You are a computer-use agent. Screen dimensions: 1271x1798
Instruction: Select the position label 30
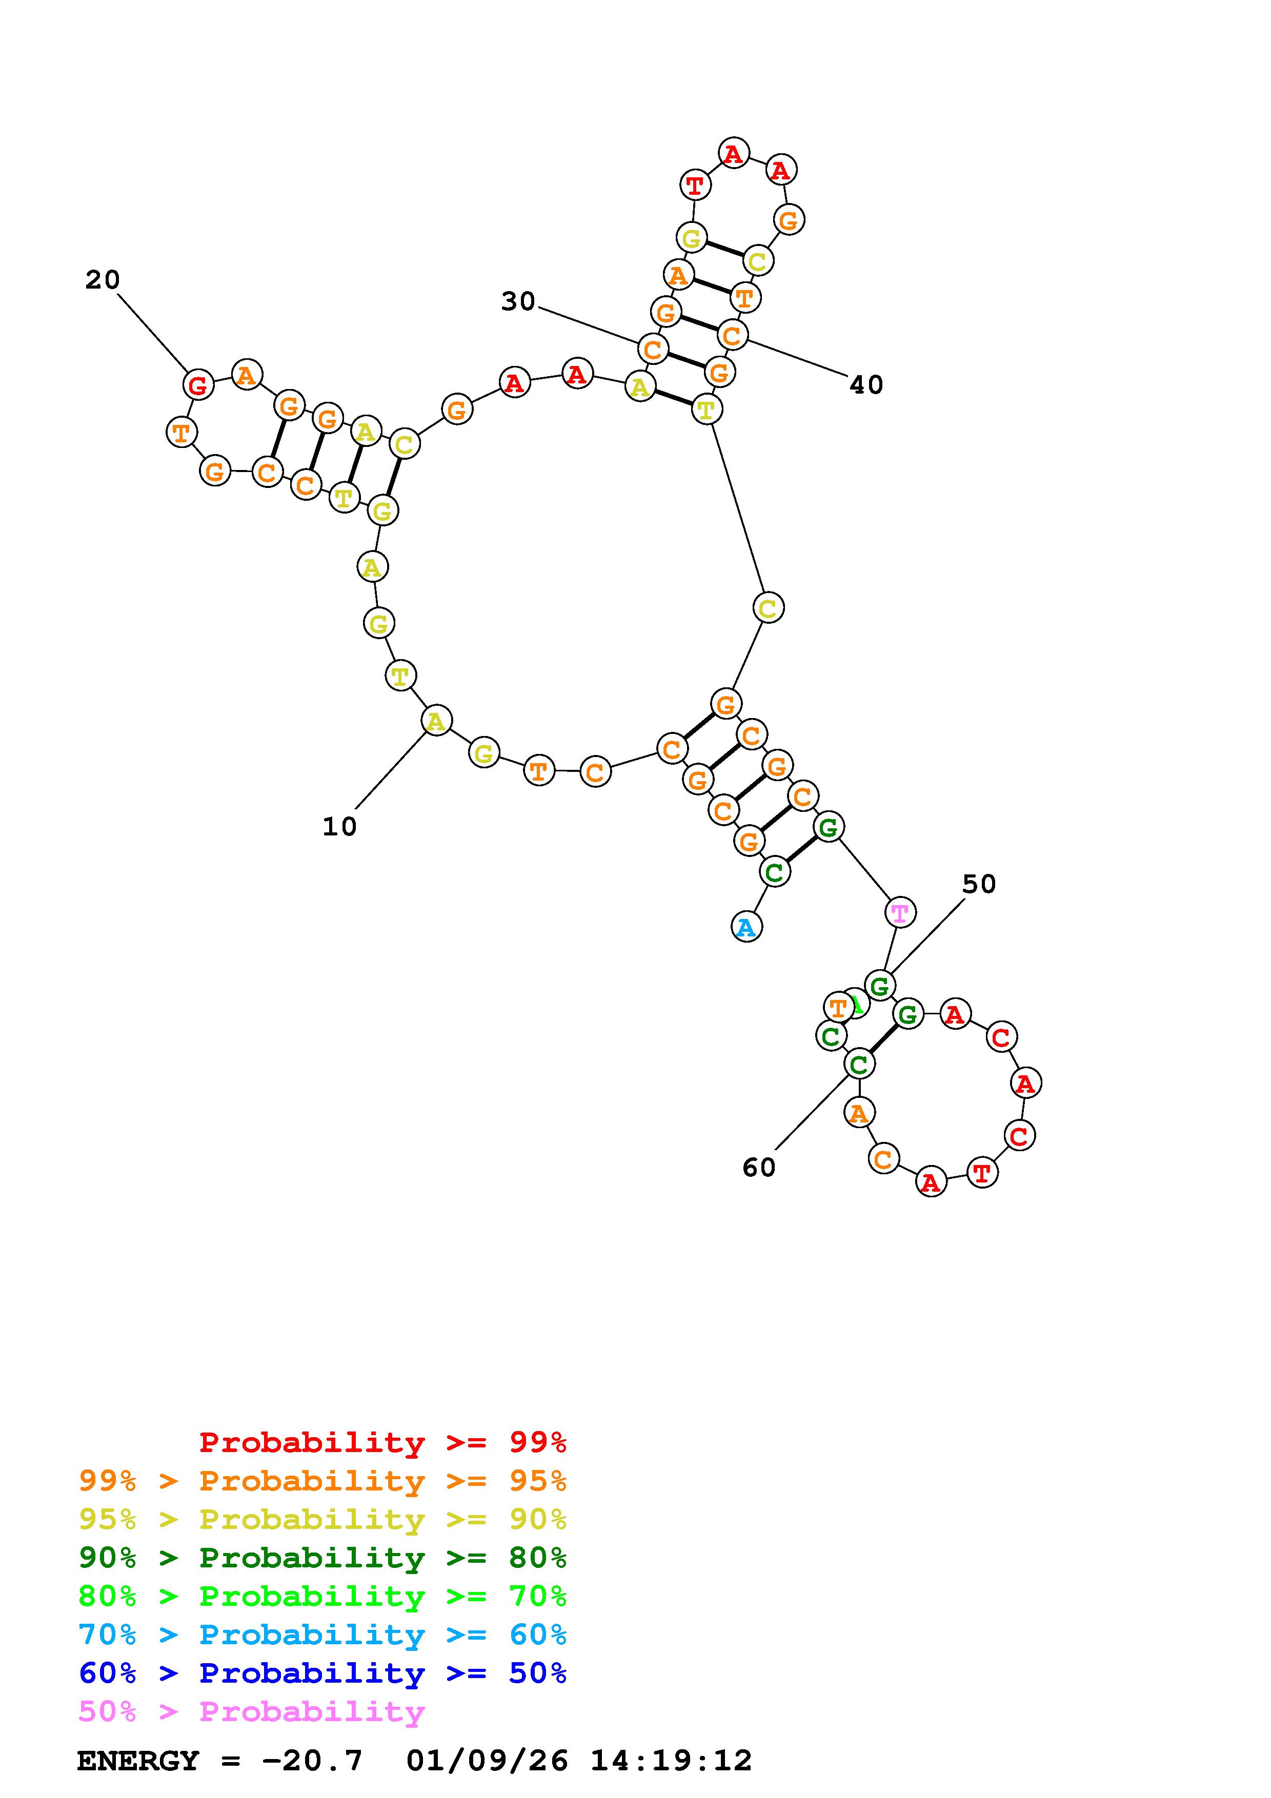(518, 301)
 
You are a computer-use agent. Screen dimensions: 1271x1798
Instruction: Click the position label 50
(979, 884)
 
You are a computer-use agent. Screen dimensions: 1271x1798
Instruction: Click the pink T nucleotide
(900, 912)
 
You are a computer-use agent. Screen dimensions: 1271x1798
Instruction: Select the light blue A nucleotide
(747, 927)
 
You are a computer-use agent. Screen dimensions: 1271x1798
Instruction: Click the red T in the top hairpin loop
(695, 186)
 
